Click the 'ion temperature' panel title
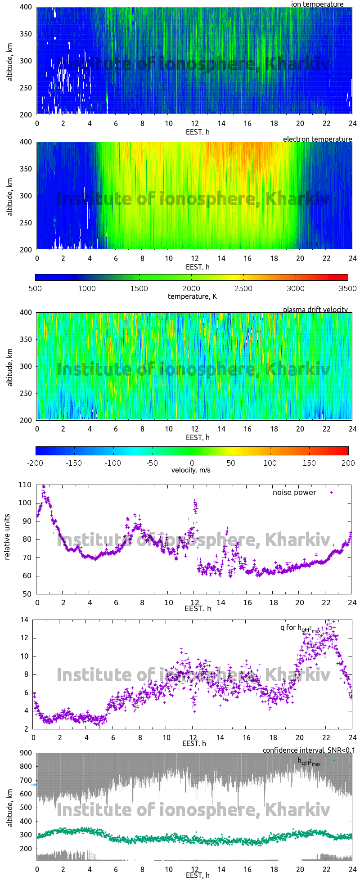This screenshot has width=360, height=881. coord(317,4)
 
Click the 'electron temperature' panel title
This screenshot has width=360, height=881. coord(317,139)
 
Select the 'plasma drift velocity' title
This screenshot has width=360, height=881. coord(315,310)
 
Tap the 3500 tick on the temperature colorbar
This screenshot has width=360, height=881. coord(347,288)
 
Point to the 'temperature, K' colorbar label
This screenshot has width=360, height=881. coord(192,297)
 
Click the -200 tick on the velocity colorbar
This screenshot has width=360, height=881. coord(36,463)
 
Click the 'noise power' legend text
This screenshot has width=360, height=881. coord(294,493)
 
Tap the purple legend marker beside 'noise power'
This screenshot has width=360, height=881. coord(332,493)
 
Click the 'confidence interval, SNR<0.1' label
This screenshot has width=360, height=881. coord(309,750)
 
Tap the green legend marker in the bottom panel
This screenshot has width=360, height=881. coord(334,760)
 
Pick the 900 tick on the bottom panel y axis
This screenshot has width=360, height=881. coord(26,753)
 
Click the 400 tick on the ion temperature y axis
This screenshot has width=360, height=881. coord(26,7)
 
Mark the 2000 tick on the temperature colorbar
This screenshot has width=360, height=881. coord(191,288)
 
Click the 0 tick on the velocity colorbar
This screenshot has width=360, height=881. coord(192,463)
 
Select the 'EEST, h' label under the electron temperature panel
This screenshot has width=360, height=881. coord(198,267)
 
